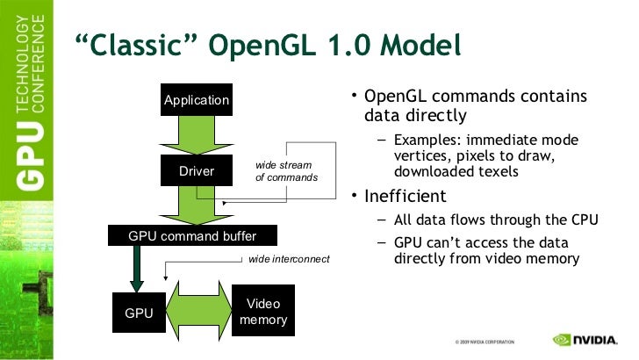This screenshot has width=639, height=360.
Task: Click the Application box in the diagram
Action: (197, 100)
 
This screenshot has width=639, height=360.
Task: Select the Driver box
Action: (197, 170)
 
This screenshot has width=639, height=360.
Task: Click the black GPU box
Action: (139, 312)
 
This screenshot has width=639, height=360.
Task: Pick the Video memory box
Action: (263, 312)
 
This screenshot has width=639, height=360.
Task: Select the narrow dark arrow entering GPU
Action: (138, 268)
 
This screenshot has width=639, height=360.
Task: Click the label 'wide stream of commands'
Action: (282, 171)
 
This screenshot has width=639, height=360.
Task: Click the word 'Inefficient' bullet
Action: (406, 196)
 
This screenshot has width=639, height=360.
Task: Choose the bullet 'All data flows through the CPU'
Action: (496, 220)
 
